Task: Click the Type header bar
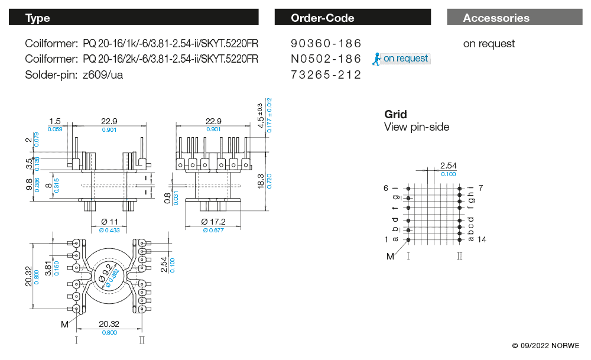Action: click(x=134, y=18)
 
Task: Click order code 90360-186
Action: click(x=326, y=44)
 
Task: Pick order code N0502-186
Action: click(x=326, y=59)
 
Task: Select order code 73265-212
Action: click(x=326, y=74)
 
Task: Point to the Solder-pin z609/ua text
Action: click(x=74, y=74)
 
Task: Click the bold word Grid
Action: click(x=395, y=114)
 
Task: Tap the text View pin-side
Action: click(x=417, y=127)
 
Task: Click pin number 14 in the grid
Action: click(x=481, y=239)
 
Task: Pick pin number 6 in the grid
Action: click(x=386, y=188)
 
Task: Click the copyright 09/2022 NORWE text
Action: click(x=545, y=346)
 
